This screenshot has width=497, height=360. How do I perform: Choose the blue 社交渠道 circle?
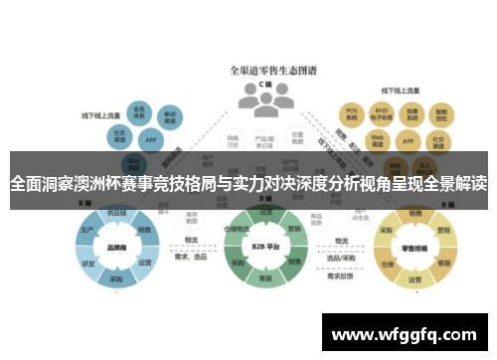(119, 134)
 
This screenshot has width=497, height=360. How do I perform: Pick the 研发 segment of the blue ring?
(88, 264)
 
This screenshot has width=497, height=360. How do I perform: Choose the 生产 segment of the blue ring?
(86, 231)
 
